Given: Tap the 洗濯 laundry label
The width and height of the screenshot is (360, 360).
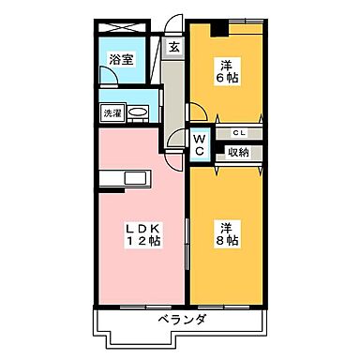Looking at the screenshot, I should pyautogui.click(x=112, y=113).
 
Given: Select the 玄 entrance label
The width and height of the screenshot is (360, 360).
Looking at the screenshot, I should pyautogui.click(x=173, y=45).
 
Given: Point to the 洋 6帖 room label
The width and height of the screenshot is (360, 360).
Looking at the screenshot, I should pyautogui.click(x=227, y=71).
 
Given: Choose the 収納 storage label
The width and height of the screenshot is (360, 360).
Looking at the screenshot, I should pyautogui.click(x=238, y=151).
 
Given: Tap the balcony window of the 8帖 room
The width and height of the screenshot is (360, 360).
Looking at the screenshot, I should pyautogui.click(x=229, y=308).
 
